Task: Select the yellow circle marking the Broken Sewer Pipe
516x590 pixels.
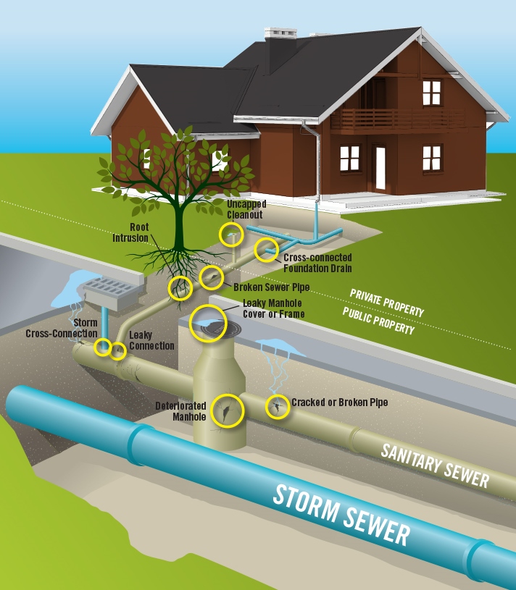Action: pyautogui.click(x=211, y=277)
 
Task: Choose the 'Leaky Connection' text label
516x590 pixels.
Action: pyautogui.click(x=151, y=340)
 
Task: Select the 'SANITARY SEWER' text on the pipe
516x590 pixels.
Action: pyautogui.click(x=435, y=463)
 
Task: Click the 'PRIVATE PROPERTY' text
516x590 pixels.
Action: pyautogui.click(x=386, y=301)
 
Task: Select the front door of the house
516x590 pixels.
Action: pyautogui.click(x=380, y=164)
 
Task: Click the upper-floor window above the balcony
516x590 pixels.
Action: pyautogui.click(x=431, y=92)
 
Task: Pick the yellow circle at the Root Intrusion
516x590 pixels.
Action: pyautogui.click(x=180, y=288)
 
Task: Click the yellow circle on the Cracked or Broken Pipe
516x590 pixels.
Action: pyautogui.click(x=277, y=408)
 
